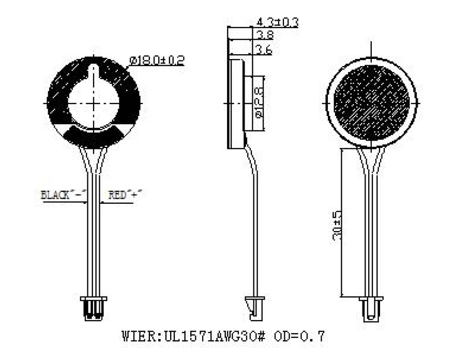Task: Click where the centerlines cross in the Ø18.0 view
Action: (x=94, y=103)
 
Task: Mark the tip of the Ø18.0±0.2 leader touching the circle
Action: (x=127, y=68)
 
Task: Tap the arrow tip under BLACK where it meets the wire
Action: (x=87, y=202)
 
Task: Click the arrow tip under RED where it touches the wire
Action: (x=100, y=202)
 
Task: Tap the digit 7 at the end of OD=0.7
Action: (x=320, y=336)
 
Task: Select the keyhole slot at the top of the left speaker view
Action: (x=94, y=71)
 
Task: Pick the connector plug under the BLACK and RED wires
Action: (x=94, y=308)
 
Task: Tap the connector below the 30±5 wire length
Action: (x=371, y=309)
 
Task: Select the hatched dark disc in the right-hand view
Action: (x=372, y=103)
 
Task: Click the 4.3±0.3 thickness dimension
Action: (x=278, y=22)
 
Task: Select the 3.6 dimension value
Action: (x=264, y=50)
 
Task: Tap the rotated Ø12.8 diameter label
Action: (x=259, y=103)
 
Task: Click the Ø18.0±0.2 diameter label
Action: (x=157, y=61)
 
